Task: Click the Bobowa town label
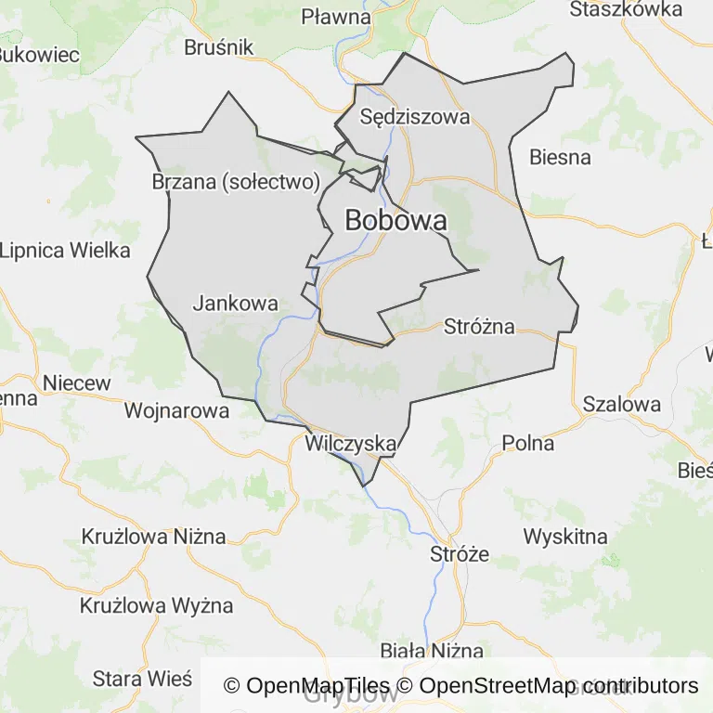(x=395, y=220)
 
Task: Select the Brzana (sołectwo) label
(x=236, y=181)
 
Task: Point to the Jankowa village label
(x=235, y=303)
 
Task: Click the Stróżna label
(x=479, y=326)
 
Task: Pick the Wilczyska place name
(x=351, y=444)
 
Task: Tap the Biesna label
(x=560, y=157)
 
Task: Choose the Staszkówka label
(x=626, y=9)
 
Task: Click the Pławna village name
(x=337, y=17)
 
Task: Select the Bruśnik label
(x=219, y=46)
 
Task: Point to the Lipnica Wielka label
(x=65, y=250)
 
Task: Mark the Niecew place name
(x=76, y=382)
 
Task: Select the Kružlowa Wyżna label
(x=156, y=606)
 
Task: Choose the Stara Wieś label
(x=142, y=679)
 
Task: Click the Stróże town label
(x=460, y=554)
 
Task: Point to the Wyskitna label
(x=565, y=536)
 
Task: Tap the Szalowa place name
(x=622, y=404)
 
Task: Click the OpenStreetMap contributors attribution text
(x=559, y=686)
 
